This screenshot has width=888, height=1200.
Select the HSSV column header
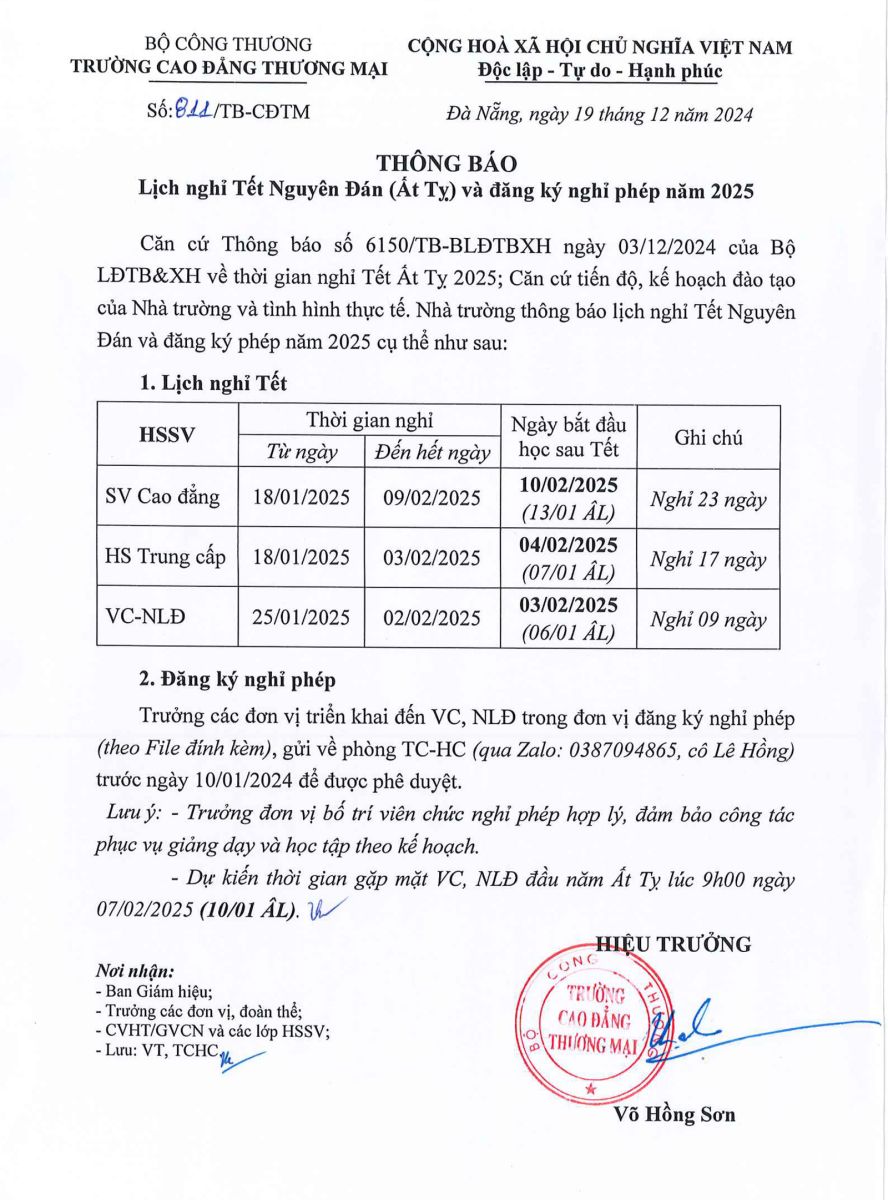pos(166,435)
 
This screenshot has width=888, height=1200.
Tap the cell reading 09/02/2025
pos(432,498)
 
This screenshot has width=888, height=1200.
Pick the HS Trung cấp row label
pos(166,558)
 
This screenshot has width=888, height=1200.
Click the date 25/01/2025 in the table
pos(300,618)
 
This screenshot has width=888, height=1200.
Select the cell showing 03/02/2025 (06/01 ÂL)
pos(568,618)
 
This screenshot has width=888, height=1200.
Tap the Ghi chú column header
pos(708,437)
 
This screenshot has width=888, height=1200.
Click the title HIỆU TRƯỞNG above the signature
pos(673,943)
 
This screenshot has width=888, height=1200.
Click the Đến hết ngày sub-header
pos(432,453)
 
